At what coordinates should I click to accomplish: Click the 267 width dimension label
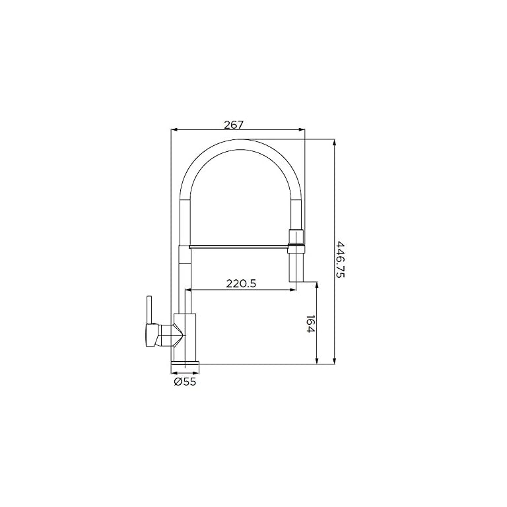coord(234,124)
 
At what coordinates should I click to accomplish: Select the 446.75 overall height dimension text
coord(341,259)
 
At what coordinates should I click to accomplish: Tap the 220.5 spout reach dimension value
coord(241,284)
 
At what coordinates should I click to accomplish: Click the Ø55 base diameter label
coord(185,381)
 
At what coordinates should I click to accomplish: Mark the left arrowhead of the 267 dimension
coord(174,129)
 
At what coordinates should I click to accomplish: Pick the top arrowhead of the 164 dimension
coord(318,285)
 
